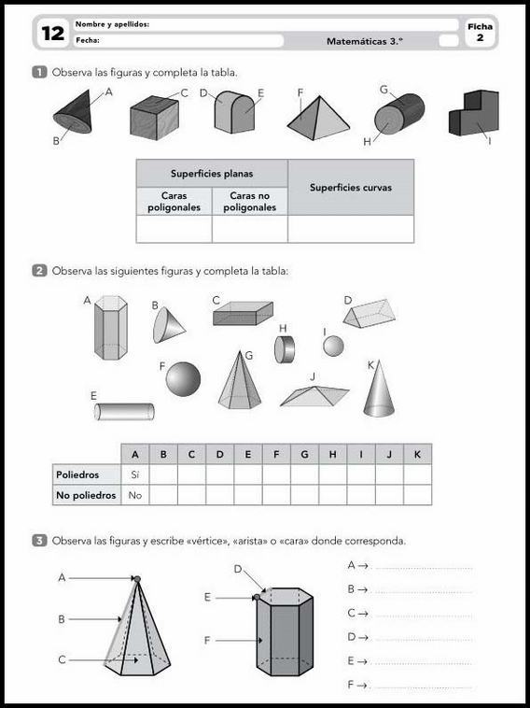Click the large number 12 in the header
point(53,34)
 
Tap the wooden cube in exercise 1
point(154,118)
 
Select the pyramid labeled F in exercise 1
point(318,119)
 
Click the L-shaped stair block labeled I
point(474,113)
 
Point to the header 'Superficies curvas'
point(351,188)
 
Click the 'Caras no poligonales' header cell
point(249,202)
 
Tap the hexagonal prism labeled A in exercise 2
point(110,328)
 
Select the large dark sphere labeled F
point(183,379)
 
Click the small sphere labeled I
point(333,347)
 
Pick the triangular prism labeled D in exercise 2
point(370,313)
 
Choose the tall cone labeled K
point(379,389)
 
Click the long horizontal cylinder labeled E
point(124,411)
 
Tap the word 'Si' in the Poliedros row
point(135,474)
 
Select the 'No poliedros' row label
point(86,495)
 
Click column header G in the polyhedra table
point(304,455)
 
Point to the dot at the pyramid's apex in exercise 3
point(137,579)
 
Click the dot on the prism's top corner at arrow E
point(257,597)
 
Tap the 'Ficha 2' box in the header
point(480,32)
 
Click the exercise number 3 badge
point(40,541)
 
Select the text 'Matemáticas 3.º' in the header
point(365,41)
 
